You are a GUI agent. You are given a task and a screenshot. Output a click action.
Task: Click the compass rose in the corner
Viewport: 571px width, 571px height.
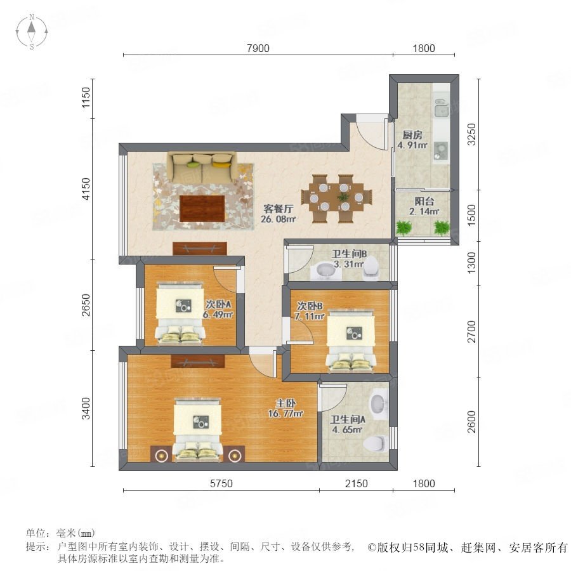pyautogui.click(x=32, y=31)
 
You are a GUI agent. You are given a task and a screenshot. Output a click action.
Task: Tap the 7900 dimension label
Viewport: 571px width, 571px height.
pyautogui.click(x=258, y=48)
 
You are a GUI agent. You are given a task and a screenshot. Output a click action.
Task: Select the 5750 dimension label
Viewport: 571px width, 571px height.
pyautogui.click(x=221, y=483)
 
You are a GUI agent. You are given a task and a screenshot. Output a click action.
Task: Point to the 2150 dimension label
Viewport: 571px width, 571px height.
pyautogui.click(x=356, y=483)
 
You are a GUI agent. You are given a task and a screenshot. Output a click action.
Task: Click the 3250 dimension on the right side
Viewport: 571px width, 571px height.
pyautogui.click(x=471, y=135)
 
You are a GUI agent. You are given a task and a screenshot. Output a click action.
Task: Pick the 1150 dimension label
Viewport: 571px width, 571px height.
pyautogui.click(x=86, y=97)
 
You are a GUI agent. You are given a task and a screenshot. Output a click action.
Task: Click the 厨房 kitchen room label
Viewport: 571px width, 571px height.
pyautogui.click(x=412, y=135)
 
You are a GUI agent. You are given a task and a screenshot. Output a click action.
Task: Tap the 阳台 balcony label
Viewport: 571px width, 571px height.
pyautogui.click(x=424, y=201)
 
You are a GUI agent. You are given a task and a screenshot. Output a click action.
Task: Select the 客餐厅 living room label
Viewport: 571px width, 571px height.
pyautogui.click(x=279, y=209)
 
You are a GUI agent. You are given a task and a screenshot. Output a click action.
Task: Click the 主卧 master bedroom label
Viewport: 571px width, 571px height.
pyautogui.click(x=285, y=403)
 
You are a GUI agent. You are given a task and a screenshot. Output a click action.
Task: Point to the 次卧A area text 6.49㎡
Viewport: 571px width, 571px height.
pyautogui.click(x=218, y=314)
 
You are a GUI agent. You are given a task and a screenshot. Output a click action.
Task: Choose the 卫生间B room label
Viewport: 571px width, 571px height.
pyautogui.click(x=349, y=254)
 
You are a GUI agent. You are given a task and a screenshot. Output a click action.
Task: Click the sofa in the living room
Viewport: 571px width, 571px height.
pyautogui.click(x=202, y=167)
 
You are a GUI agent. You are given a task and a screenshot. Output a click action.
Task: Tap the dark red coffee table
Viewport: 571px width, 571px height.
pyautogui.click(x=202, y=208)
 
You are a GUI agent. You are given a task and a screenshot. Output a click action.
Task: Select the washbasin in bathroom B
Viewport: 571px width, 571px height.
pyautogui.click(x=324, y=271)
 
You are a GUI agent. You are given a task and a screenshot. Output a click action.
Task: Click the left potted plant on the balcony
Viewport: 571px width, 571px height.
pyautogui.click(x=404, y=228)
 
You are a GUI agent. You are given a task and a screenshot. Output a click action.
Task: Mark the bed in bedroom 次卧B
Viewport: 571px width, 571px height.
pyautogui.click(x=351, y=340)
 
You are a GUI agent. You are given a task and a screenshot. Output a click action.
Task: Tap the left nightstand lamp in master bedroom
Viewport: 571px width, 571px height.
pyautogui.click(x=161, y=455)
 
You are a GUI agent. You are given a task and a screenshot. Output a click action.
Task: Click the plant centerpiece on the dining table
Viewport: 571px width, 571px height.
pyautogui.click(x=343, y=197)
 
